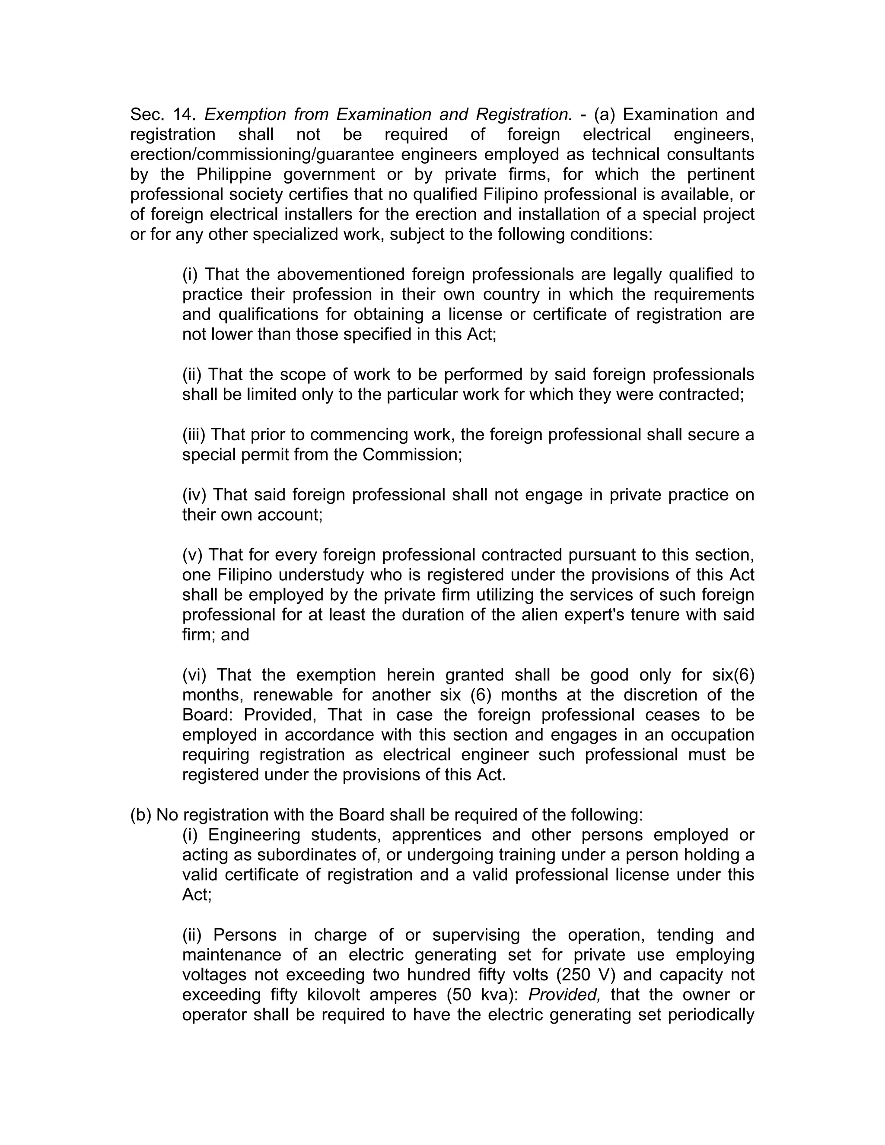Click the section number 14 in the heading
coord(184,114)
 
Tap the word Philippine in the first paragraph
coord(233,174)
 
